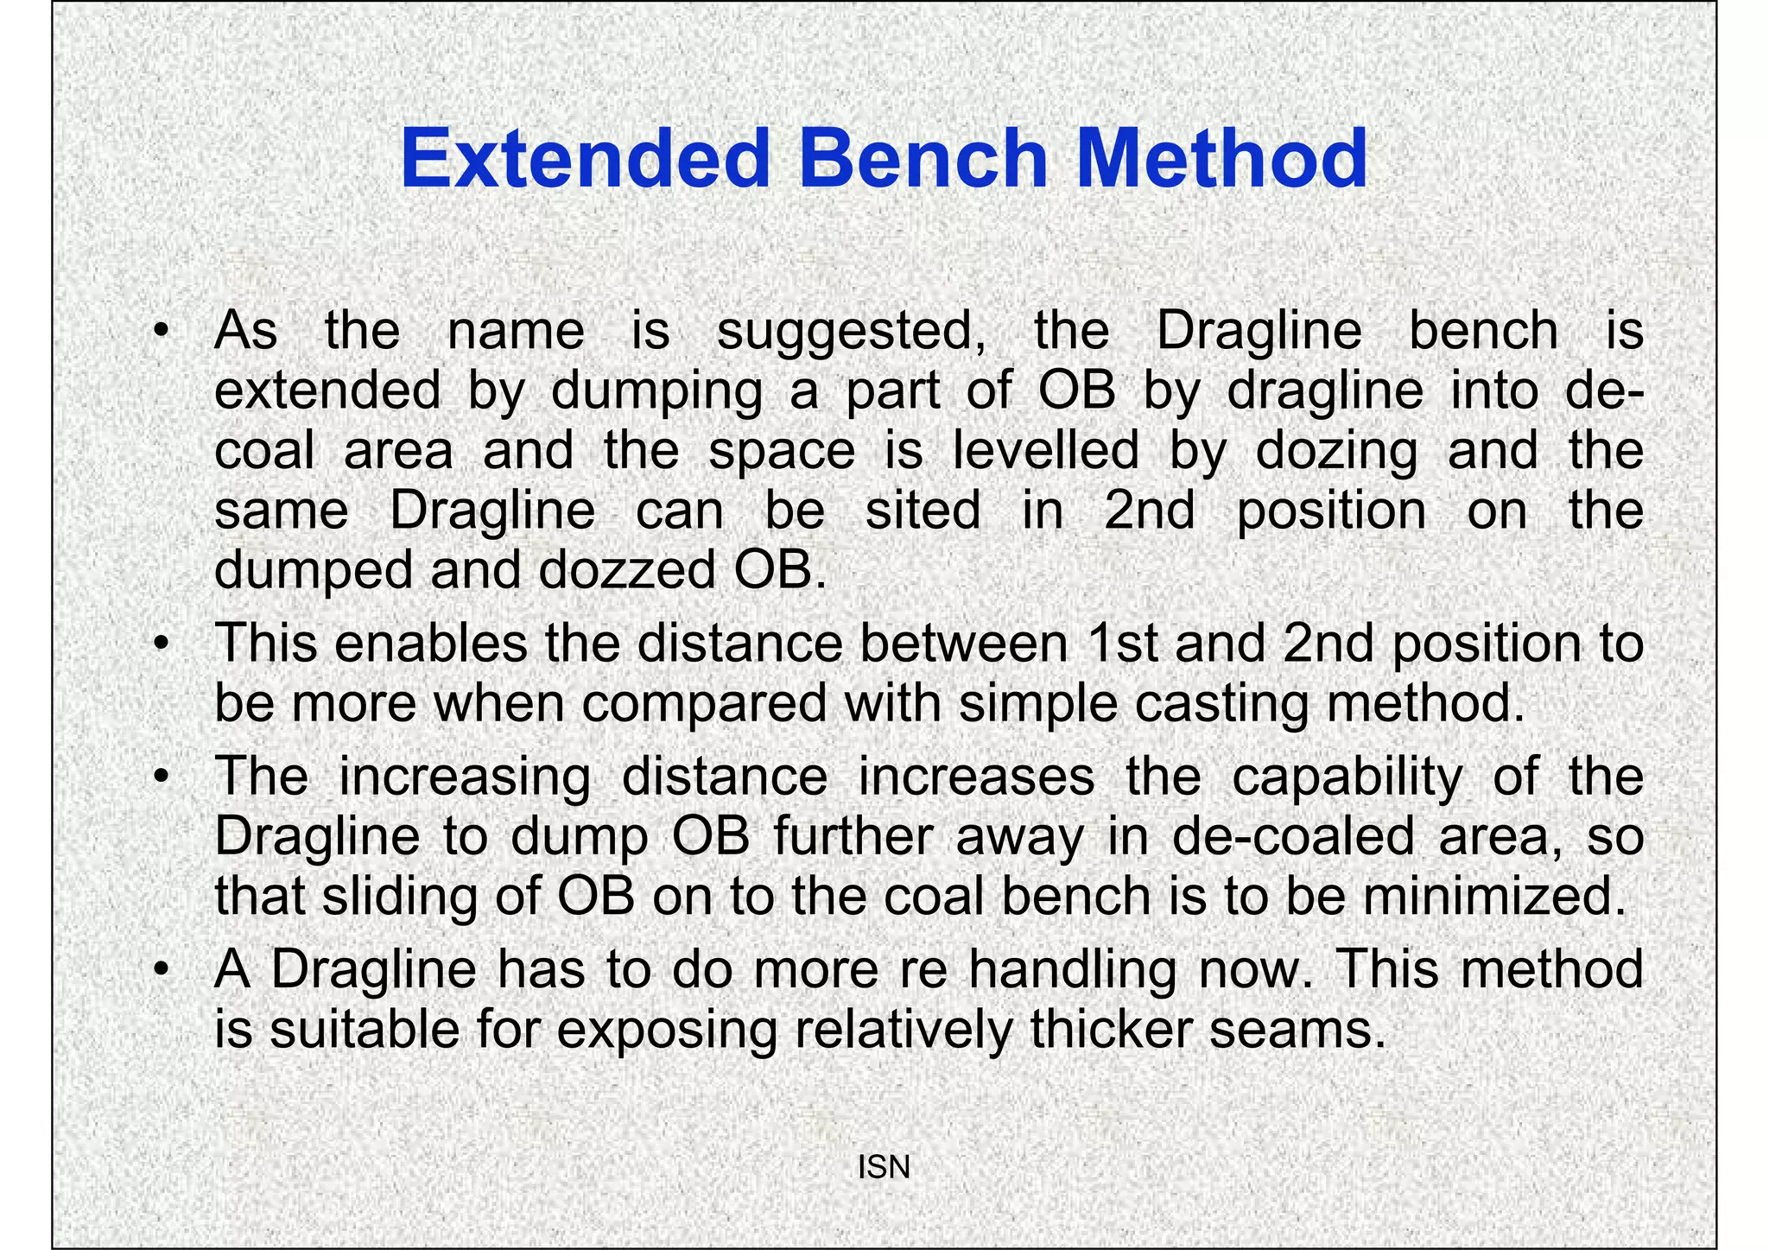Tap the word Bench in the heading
click(923, 159)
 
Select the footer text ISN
click(884, 1167)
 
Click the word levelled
click(1046, 451)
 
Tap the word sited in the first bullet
click(923, 511)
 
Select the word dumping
click(656, 391)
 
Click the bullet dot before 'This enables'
click(161, 644)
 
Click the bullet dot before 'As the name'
click(161, 333)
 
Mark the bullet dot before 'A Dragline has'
click(161, 971)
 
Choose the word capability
click(1347, 777)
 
